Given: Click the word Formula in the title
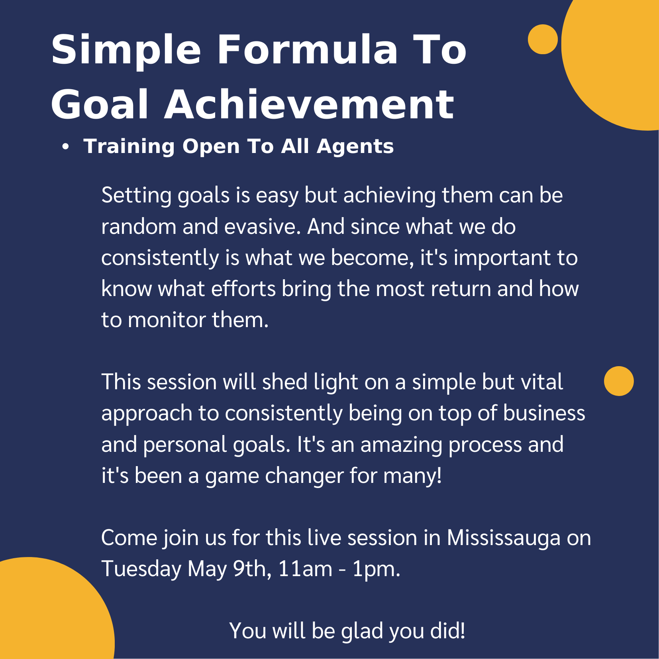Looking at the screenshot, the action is (307, 49).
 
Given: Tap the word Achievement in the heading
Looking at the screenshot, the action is (309, 104).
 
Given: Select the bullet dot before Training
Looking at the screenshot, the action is (66, 147).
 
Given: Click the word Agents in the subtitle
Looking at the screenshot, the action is (355, 146).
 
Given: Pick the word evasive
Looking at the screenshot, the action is (262, 227).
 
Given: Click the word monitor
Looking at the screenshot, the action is (167, 320).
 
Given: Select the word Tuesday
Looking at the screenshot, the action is (141, 569).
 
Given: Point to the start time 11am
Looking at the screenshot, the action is (305, 569).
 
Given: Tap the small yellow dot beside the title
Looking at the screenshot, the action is (543, 39).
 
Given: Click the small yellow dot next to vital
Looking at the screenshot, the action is (619, 381).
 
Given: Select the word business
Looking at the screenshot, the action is (544, 413).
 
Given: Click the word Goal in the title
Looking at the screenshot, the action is (100, 104).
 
